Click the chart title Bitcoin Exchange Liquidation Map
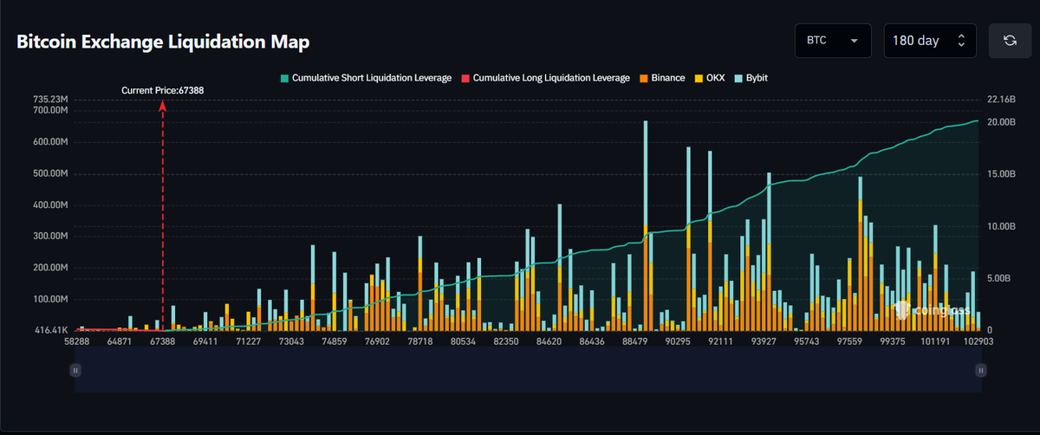pyautogui.click(x=163, y=42)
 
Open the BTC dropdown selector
pyautogui.click(x=833, y=41)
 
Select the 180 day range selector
pyautogui.click(x=929, y=41)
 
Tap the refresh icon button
pyautogui.click(x=1010, y=41)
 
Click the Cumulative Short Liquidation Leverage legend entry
pyautogui.click(x=366, y=78)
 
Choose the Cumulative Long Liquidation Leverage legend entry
pyautogui.click(x=545, y=78)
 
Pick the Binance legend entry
pyautogui.click(x=662, y=78)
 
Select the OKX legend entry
pyautogui.click(x=710, y=78)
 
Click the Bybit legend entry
pyautogui.click(x=751, y=78)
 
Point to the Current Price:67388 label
pyautogui.click(x=163, y=90)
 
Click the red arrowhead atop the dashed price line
pyautogui.click(x=163, y=107)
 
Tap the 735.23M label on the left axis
pyautogui.click(x=50, y=100)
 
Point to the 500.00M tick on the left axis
pyautogui.click(x=50, y=173)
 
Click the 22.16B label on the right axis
pyautogui.click(x=1001, y=100)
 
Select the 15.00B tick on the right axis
pyautogui.click(x=1001, y=174)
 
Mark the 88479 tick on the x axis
pyautogui.click(x=634, y=341)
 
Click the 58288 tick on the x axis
pyautogui.click(x=76, y=341)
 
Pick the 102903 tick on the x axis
pyautogui.click(x=978, y=341)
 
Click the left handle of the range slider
pyautogui.click(x=75, y=371)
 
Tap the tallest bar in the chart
pyautogui.click(x=646, y=225)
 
